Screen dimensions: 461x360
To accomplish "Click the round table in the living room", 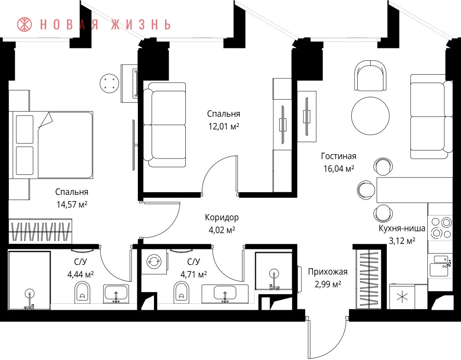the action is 371,116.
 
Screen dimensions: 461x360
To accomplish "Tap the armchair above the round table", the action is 371,76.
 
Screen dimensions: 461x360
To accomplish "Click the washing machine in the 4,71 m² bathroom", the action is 154,261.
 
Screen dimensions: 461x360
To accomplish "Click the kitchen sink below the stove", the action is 439,266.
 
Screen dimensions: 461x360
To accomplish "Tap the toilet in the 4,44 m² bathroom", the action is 83,292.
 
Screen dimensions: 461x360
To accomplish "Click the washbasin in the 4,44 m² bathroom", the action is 116,294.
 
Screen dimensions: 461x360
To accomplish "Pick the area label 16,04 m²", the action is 339,169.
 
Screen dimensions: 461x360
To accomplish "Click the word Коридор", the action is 222,218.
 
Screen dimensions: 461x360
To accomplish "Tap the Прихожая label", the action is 328,272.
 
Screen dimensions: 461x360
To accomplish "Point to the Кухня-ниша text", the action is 402,228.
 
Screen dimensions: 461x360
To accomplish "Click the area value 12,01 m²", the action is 224,126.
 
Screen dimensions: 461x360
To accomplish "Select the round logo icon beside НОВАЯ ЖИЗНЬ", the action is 25,24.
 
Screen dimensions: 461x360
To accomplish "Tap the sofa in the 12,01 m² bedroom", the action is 165,125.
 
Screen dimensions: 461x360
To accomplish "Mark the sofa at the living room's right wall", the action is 431,117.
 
